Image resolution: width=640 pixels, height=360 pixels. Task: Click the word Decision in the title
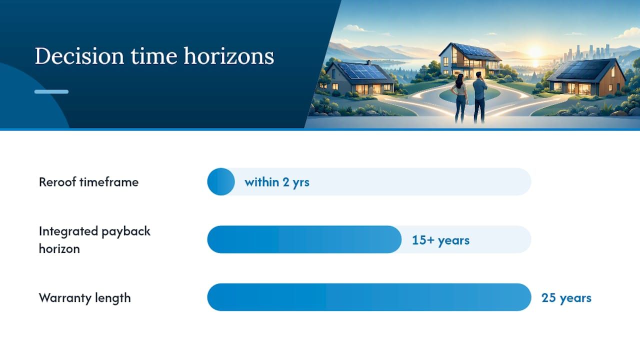coord(79,56)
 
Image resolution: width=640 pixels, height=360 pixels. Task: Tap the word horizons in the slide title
coord(228,55)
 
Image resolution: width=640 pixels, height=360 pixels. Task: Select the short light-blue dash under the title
coord(51,91)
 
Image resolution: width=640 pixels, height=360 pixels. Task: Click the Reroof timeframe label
coord(88,182)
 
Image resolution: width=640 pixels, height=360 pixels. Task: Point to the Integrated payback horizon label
coord(94,240)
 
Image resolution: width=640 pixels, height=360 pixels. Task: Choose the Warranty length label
coord(85,298)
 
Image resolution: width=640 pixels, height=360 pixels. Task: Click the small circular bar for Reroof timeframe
coord(221,181)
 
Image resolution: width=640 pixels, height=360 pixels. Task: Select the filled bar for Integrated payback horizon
coord(304,239)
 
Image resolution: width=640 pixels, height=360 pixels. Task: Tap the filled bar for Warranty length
coord(369,297)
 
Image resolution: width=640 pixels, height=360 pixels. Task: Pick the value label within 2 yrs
coord(277,182)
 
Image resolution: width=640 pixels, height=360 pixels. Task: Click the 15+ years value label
coord(440,240)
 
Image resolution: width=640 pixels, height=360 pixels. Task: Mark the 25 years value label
coord(566,298)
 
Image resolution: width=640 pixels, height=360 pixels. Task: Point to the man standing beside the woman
coord(480,97)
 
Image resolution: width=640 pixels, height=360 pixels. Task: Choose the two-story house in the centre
coord(470,60)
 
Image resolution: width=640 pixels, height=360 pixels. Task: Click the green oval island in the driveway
coord(469,94)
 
